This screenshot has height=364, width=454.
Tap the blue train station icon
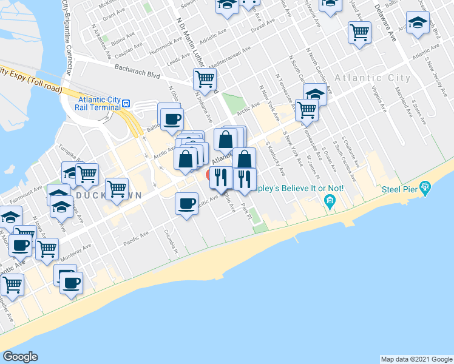126,103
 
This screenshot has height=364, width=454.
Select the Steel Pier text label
399,189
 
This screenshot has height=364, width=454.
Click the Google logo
20,357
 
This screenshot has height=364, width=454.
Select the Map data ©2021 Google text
416,359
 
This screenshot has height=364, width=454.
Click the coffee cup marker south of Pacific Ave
186,203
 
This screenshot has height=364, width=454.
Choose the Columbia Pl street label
170,241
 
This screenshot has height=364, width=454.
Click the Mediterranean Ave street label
229,58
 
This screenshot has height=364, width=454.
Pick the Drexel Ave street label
263,27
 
